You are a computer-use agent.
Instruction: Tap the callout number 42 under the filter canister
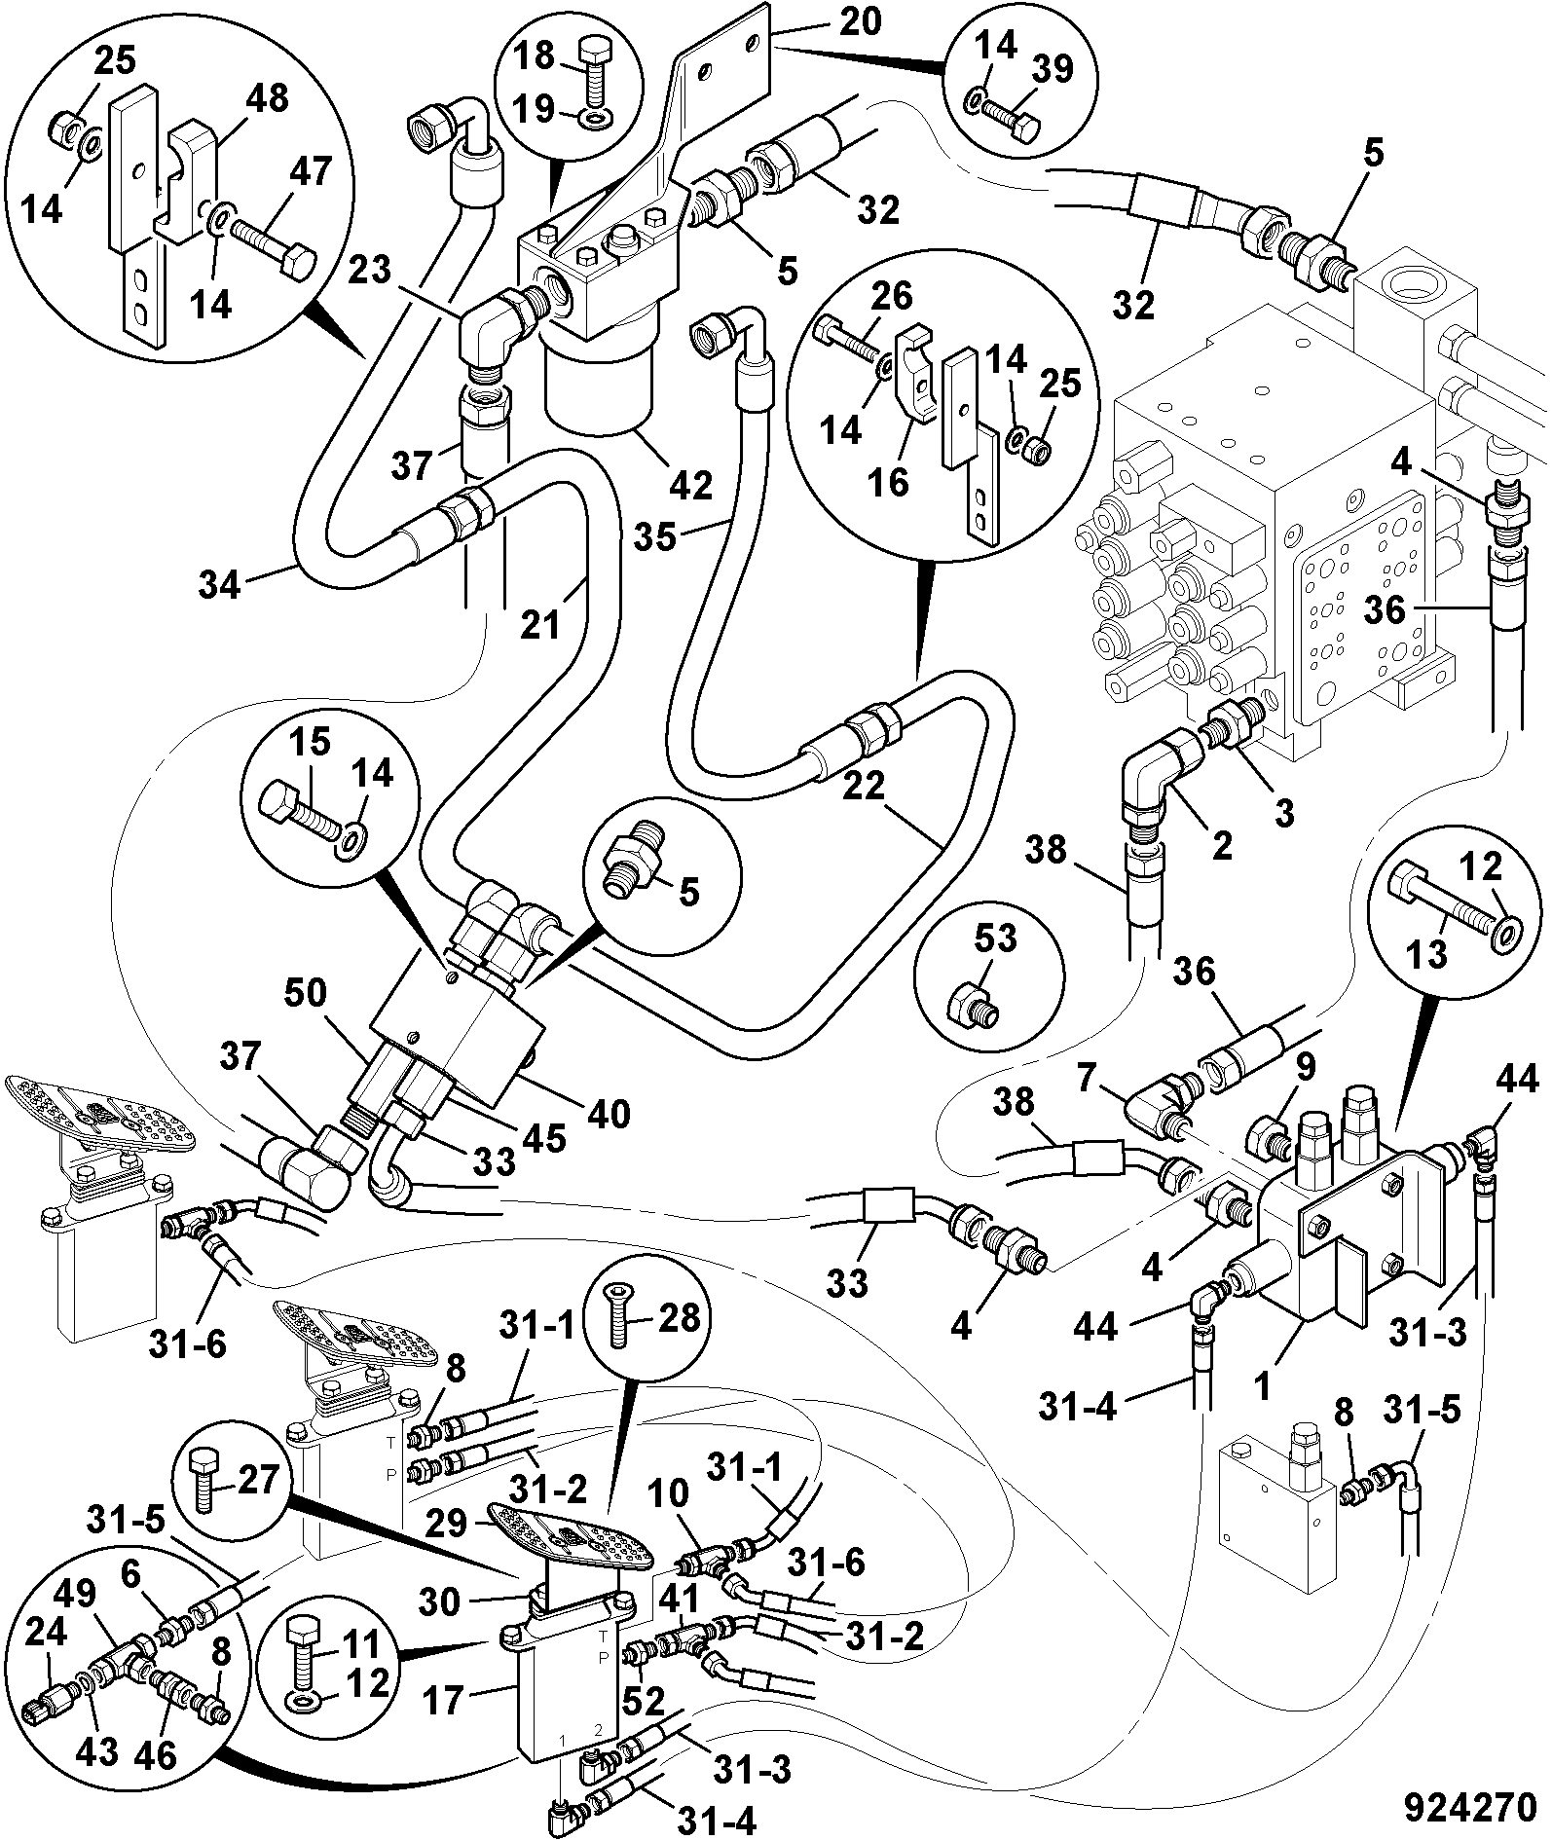click(x=690, y=484)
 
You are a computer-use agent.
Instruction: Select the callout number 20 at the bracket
click(x=860, y=20)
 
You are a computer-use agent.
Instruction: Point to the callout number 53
click(x=994, y=939)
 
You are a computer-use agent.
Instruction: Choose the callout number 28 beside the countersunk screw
click(x=680, y=1318)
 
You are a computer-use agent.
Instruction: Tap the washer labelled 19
click(x=591, y=120)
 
